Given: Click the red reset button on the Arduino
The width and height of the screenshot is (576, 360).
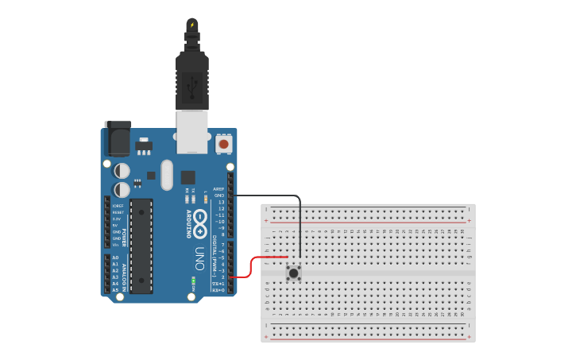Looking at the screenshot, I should [224, 145].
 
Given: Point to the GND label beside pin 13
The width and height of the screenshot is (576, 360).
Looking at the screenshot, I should [219, 195].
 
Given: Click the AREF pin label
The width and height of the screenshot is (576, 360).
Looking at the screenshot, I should [218, 189].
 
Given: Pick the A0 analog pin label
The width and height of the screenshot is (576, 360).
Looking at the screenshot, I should [115, 257].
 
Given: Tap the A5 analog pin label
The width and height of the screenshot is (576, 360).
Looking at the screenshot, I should [115, 290].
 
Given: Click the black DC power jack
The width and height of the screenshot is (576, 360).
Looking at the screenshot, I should [118, 138].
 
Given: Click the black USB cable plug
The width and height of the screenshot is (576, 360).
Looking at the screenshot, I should [191, 79].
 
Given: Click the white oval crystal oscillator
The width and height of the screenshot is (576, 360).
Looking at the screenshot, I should [166, 175].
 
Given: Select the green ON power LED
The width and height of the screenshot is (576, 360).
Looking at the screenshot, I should [193, 281].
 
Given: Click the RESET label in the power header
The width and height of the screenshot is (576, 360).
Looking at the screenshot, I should [117, 213].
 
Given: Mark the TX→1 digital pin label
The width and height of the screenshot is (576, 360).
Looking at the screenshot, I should [218, 284].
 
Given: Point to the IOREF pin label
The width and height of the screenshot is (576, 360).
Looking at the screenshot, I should [117, 207].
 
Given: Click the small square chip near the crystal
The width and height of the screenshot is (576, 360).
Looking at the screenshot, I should [187, 177].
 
